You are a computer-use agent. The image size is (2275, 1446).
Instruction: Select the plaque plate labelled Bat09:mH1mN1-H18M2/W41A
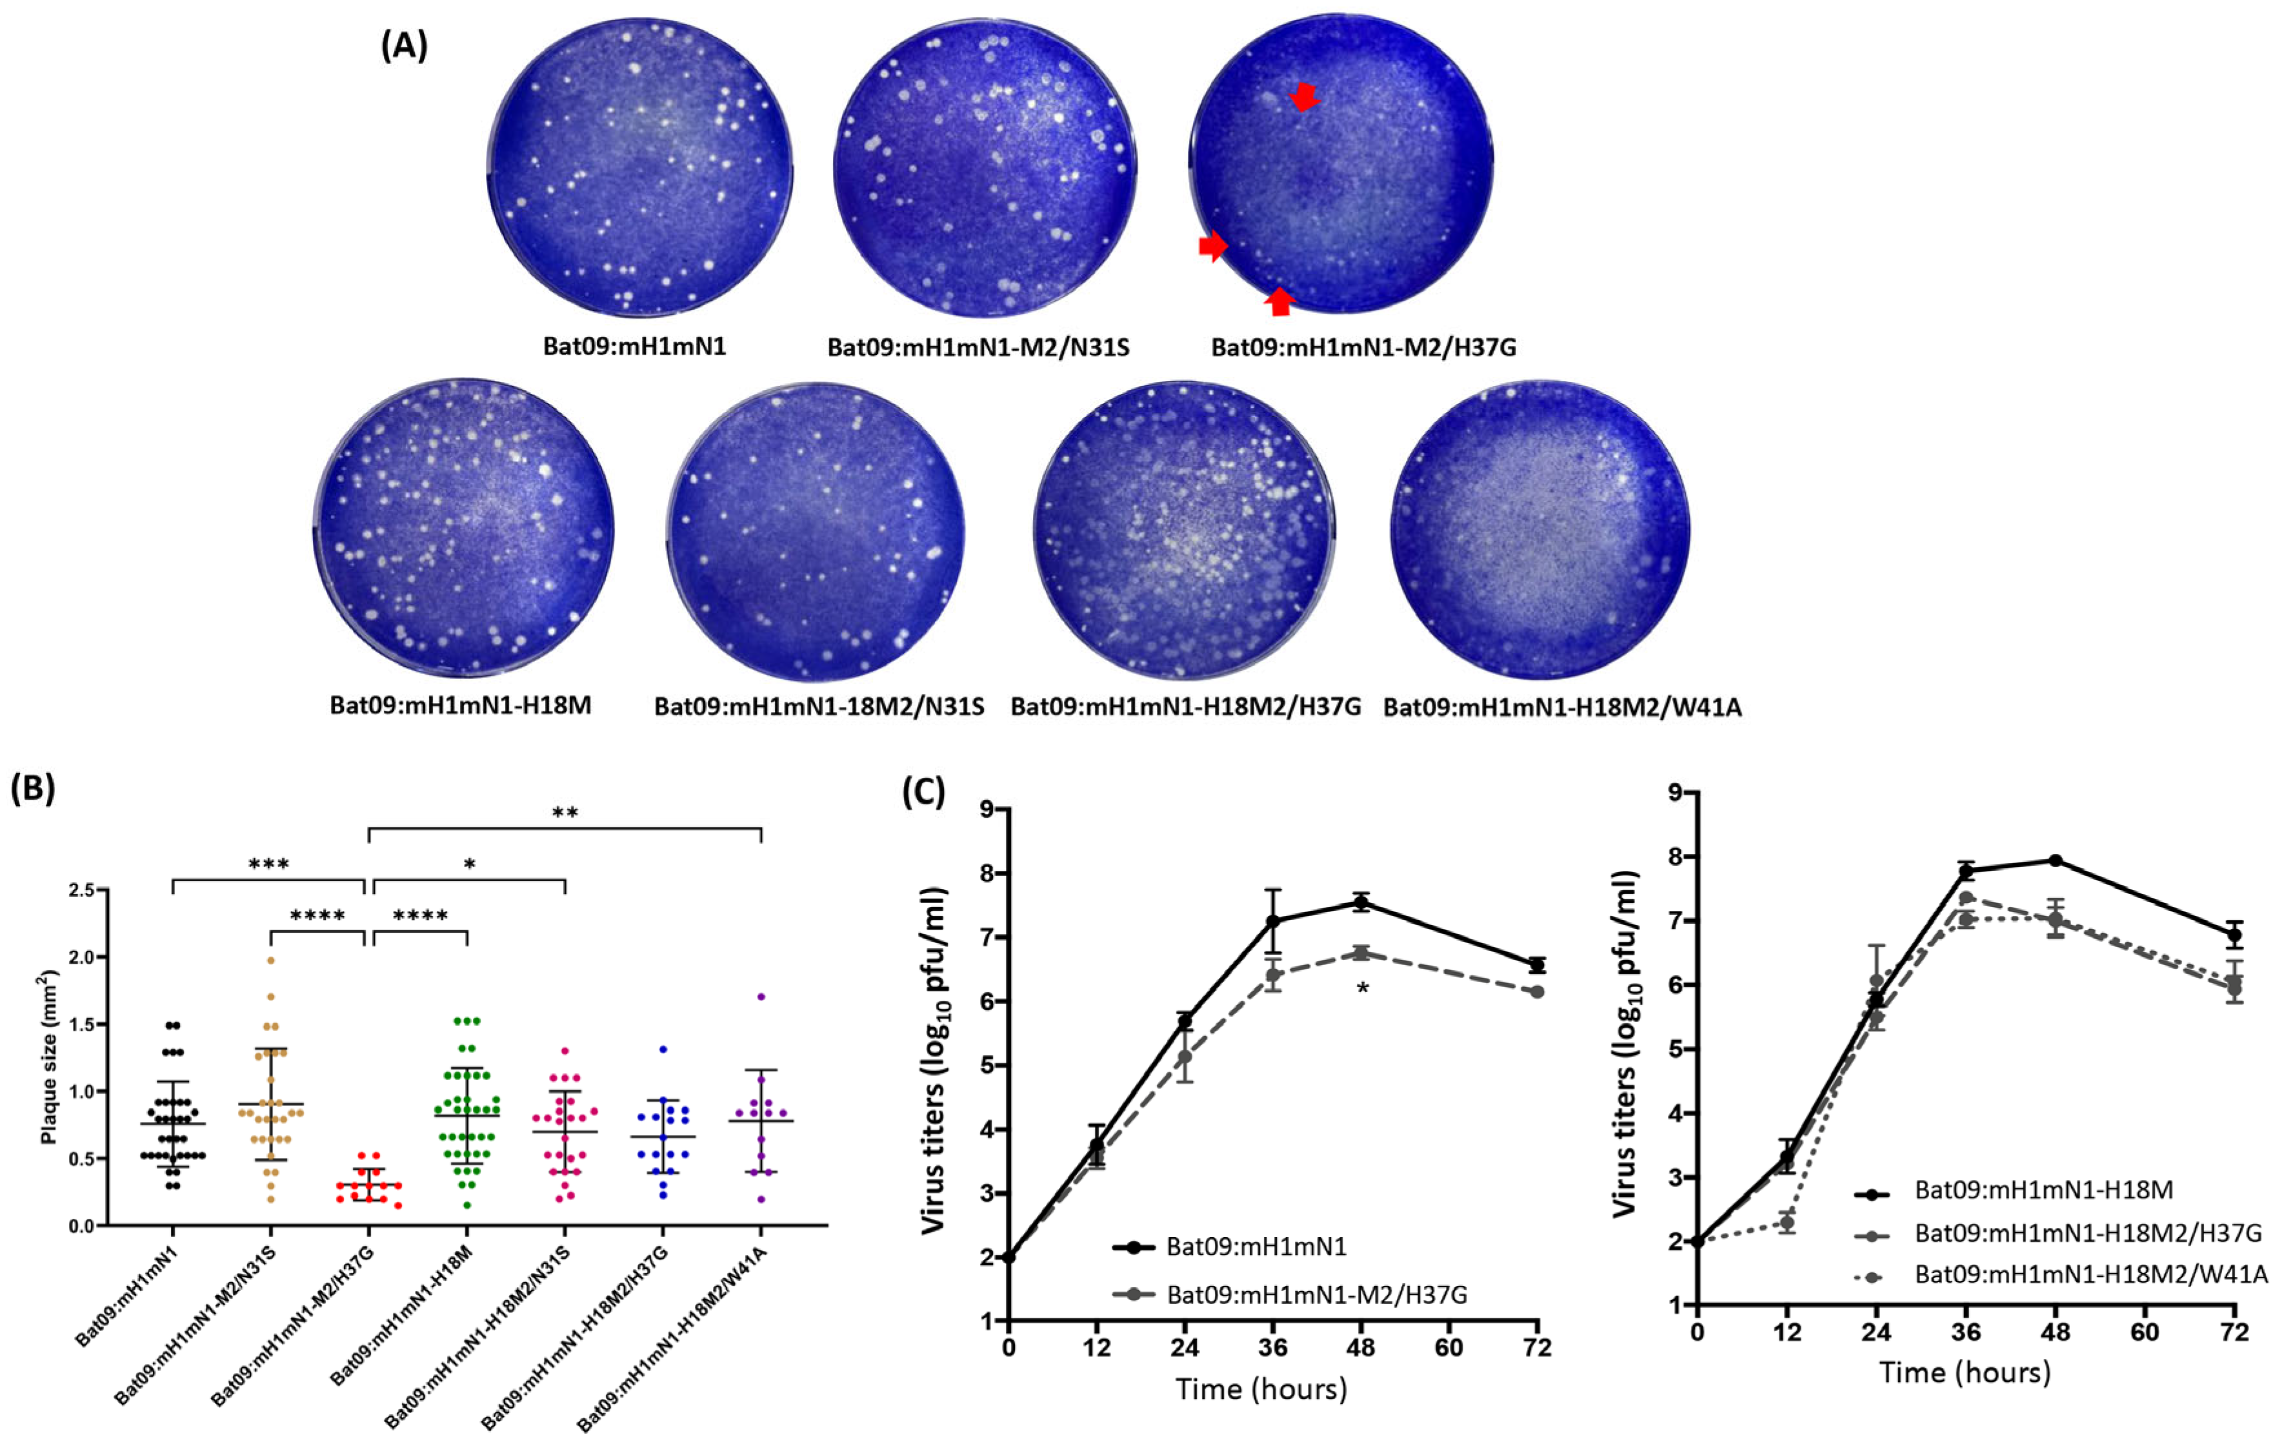[x=1540, y=529]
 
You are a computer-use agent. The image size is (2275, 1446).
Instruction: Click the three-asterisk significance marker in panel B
[x=268, y=864]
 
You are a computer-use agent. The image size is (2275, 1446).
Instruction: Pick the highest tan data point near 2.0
[x=270, y=960]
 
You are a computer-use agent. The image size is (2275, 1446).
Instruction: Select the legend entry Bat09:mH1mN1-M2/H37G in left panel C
[x=1316, y=1294]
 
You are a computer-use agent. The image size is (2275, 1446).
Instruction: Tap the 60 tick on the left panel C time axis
[x=1448, y=1347]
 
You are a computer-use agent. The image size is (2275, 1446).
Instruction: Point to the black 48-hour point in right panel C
[x=2055, y=861]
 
